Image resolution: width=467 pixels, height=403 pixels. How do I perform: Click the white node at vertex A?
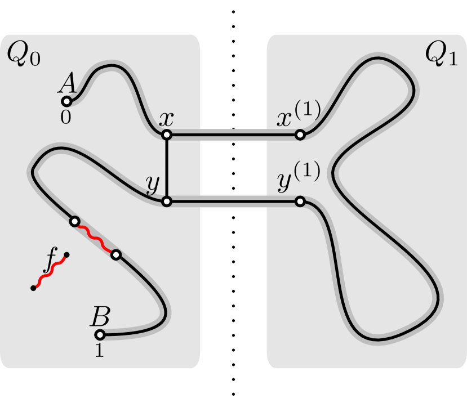click(x=66, y=101)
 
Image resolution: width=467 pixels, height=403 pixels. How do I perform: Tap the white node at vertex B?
click(x=99, y=335)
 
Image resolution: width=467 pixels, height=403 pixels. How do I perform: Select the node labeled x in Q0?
click(x=167, y=135)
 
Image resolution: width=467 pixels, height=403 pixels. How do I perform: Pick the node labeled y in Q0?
click(x=167, y=201)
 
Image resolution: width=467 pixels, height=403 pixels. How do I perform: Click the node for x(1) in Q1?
click(x=300, y=135)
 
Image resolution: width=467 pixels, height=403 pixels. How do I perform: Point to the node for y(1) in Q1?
click(x=300, y=201)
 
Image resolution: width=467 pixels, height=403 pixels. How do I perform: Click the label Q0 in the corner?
click(x=23, y=55)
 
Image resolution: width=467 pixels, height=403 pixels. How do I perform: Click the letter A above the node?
click(x=67, y=84)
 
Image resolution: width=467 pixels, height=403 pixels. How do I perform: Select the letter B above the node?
click(x=100, y=317)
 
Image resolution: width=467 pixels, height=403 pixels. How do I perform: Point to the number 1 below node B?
click(x=99, y=351)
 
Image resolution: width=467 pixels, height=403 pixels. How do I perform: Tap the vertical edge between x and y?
click(x=167, y=168)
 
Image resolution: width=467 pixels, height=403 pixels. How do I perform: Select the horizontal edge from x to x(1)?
click(x=233, y=135)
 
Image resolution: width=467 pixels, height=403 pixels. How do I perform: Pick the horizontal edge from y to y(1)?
click(x=233, y=201)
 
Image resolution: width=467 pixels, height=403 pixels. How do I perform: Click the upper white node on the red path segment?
click(x=74, y=221)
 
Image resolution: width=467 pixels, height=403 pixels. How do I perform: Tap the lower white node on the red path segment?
click(x=115, y=255)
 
